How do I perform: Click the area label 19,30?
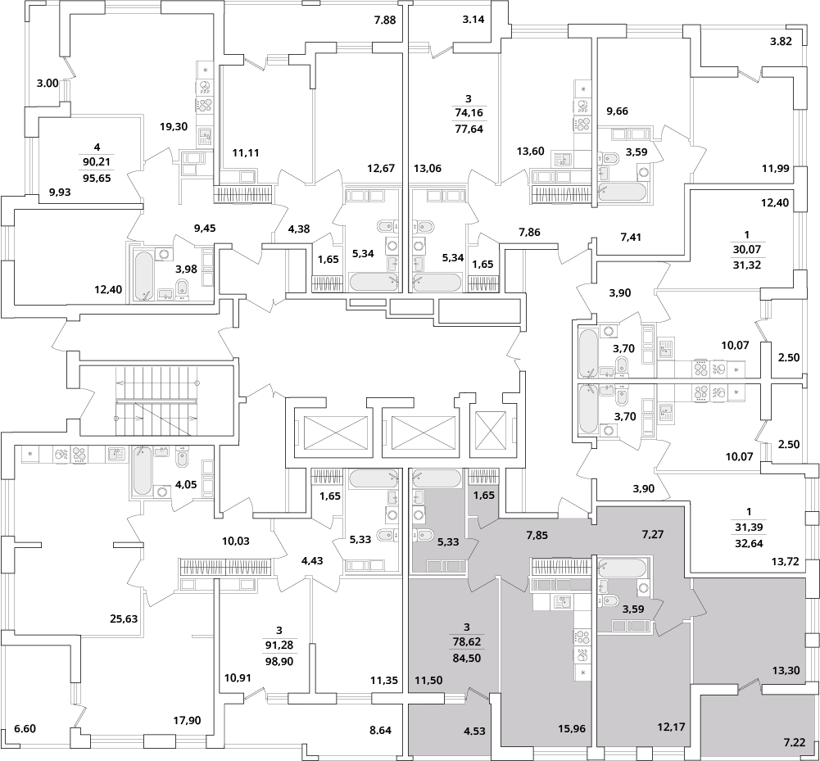pos(174,126)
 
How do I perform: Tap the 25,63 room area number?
pos(124,618)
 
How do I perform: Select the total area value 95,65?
pos(97,178)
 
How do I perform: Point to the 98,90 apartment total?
pos(279,661)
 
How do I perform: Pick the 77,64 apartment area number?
pos(469,129)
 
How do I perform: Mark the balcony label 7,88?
pos(385,20)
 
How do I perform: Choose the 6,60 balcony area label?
pos(25,728)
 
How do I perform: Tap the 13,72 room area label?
pos(786,562)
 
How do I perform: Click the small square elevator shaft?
pos(491,431)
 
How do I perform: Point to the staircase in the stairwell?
pos(157,401)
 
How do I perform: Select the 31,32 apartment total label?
pos(747,265)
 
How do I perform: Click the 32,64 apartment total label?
pos(749,543)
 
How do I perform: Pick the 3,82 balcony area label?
pos(781,42)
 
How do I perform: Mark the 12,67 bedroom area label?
pos(381,169)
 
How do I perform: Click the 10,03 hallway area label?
pos(236,541)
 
